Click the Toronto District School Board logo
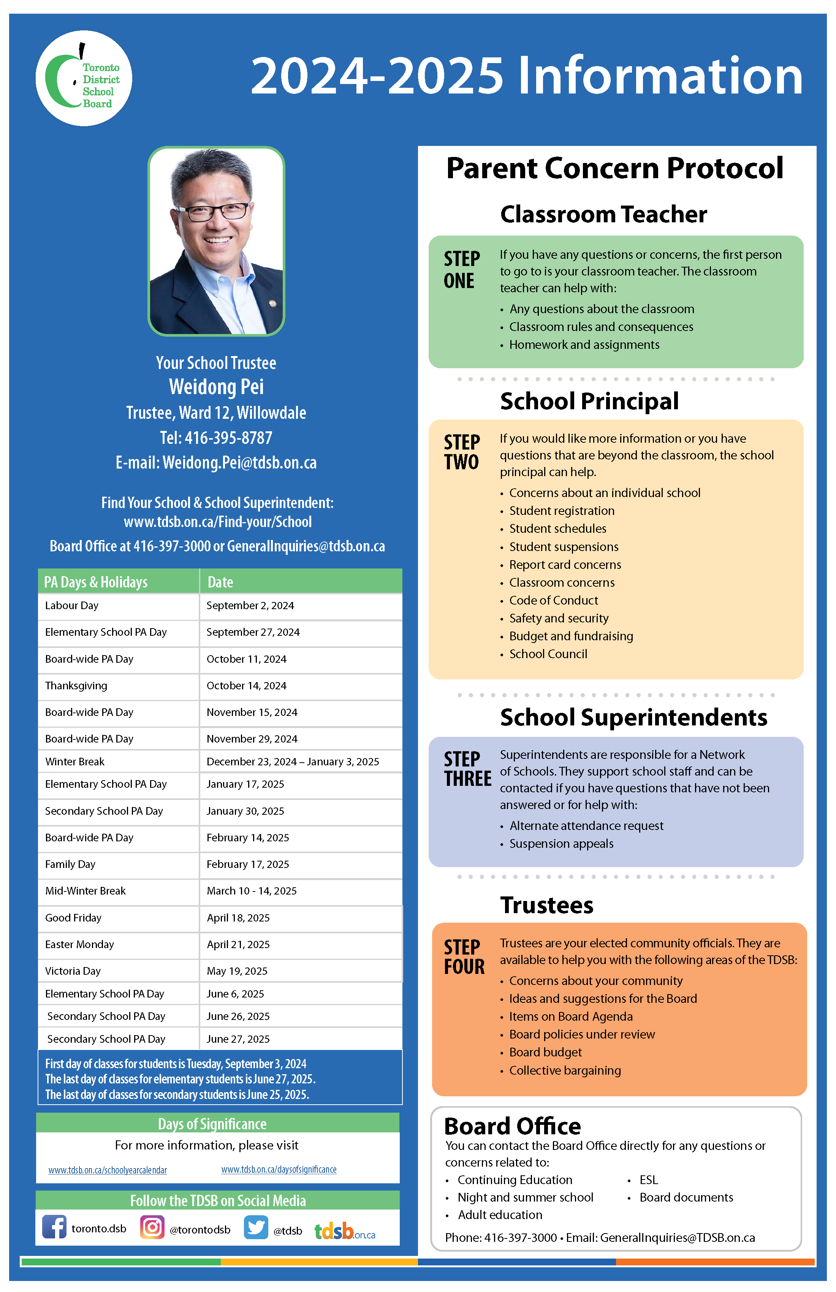click(84, 79)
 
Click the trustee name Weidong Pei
click(216, 387)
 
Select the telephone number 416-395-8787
click(228, 437)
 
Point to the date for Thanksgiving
click(247, 686)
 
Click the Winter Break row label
click(75, 762)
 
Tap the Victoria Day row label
click(73, 971)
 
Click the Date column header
click(220, 582)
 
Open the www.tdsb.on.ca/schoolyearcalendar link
click(108, 1170)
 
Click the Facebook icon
click(54, 1227)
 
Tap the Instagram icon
click(152, 1227)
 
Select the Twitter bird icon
click(256, 1227)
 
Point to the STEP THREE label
click(467, 769)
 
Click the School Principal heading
click(589, 402)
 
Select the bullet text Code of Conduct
click(554, 600)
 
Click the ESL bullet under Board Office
click(649, 1180)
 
